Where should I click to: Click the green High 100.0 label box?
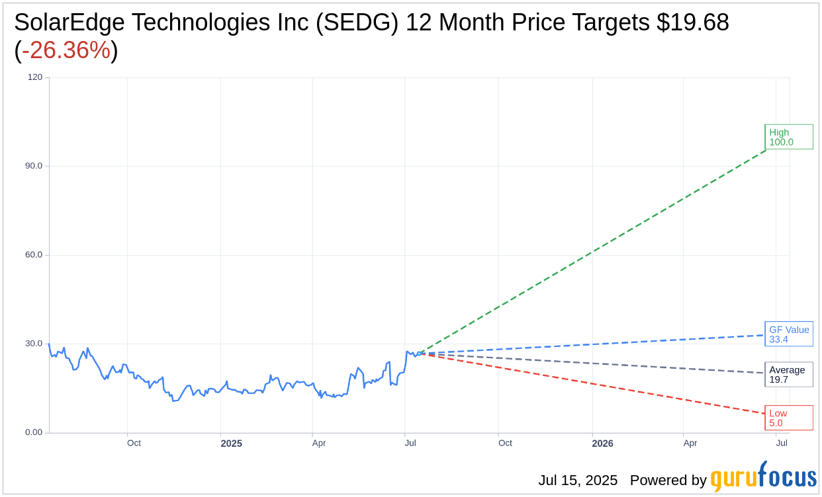(788, 137)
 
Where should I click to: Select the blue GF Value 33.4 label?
(788, 334)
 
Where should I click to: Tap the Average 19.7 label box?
(788, 374)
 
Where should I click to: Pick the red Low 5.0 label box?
(788, 418)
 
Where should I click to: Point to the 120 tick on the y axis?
(34, 77)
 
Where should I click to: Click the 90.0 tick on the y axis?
(34, 166)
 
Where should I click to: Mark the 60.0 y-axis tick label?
(34, 254)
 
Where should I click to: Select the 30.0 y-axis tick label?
(34, 344)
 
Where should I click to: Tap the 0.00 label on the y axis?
(34, 432)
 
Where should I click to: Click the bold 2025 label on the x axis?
(231, 443)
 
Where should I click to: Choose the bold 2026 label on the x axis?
(602, 443)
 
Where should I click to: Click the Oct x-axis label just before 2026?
(505, 443)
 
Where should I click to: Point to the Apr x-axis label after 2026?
(690, 443)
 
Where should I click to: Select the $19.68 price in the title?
(692, 22)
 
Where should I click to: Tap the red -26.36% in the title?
(66, 50)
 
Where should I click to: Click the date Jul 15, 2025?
(577, 480)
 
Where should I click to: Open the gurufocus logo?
(763, 477)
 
